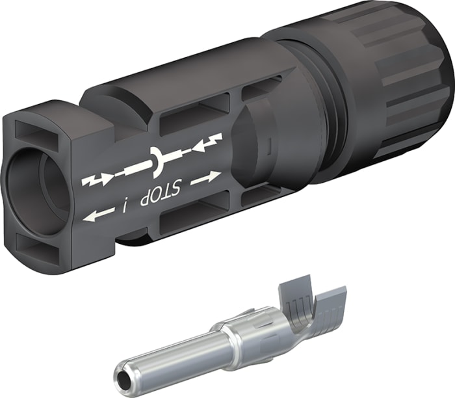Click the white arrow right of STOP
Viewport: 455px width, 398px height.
207,178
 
